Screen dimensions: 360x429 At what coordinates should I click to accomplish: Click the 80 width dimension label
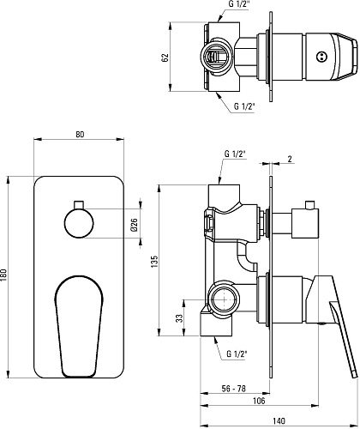81,134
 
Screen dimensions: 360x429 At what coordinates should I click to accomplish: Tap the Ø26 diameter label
134,225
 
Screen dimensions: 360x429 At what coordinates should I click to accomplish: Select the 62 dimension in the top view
165,57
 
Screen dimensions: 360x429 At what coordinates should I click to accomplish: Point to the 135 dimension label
154,262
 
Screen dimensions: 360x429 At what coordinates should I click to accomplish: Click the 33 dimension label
179,318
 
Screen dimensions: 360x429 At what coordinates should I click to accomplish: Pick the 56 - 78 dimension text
233,389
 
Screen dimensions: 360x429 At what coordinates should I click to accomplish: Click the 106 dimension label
259,401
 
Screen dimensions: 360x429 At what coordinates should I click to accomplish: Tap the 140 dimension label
279,421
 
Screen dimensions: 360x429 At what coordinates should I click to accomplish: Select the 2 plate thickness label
290,159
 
